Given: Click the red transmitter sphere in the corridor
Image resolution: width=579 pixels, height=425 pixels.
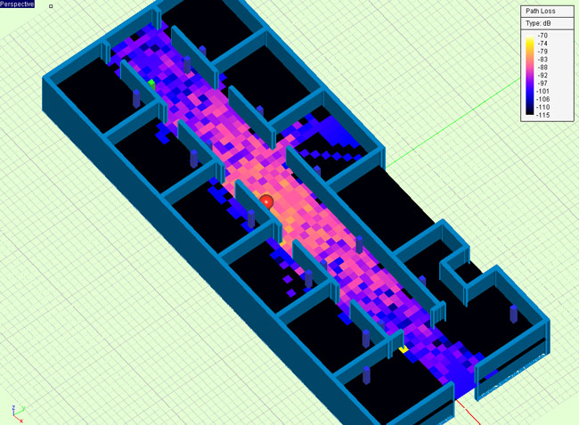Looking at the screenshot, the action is point(266,202).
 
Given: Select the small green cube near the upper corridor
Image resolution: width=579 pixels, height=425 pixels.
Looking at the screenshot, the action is point(151,85).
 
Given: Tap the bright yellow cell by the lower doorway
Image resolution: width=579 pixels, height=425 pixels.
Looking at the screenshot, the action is point(404,349).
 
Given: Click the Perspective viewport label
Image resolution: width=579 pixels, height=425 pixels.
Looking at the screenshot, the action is point(17,4).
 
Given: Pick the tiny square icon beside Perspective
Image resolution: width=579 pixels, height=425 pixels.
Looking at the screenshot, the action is point(51,6).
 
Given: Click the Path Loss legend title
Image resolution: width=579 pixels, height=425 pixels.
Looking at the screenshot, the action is point(541,11).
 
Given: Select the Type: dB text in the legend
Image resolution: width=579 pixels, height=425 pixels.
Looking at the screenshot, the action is point(538,24).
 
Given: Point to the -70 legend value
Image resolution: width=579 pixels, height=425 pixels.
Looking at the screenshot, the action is point(542,36).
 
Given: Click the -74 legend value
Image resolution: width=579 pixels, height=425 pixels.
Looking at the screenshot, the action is point(542,44).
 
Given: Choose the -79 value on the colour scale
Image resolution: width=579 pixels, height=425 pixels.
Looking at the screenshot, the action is point(542,52).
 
